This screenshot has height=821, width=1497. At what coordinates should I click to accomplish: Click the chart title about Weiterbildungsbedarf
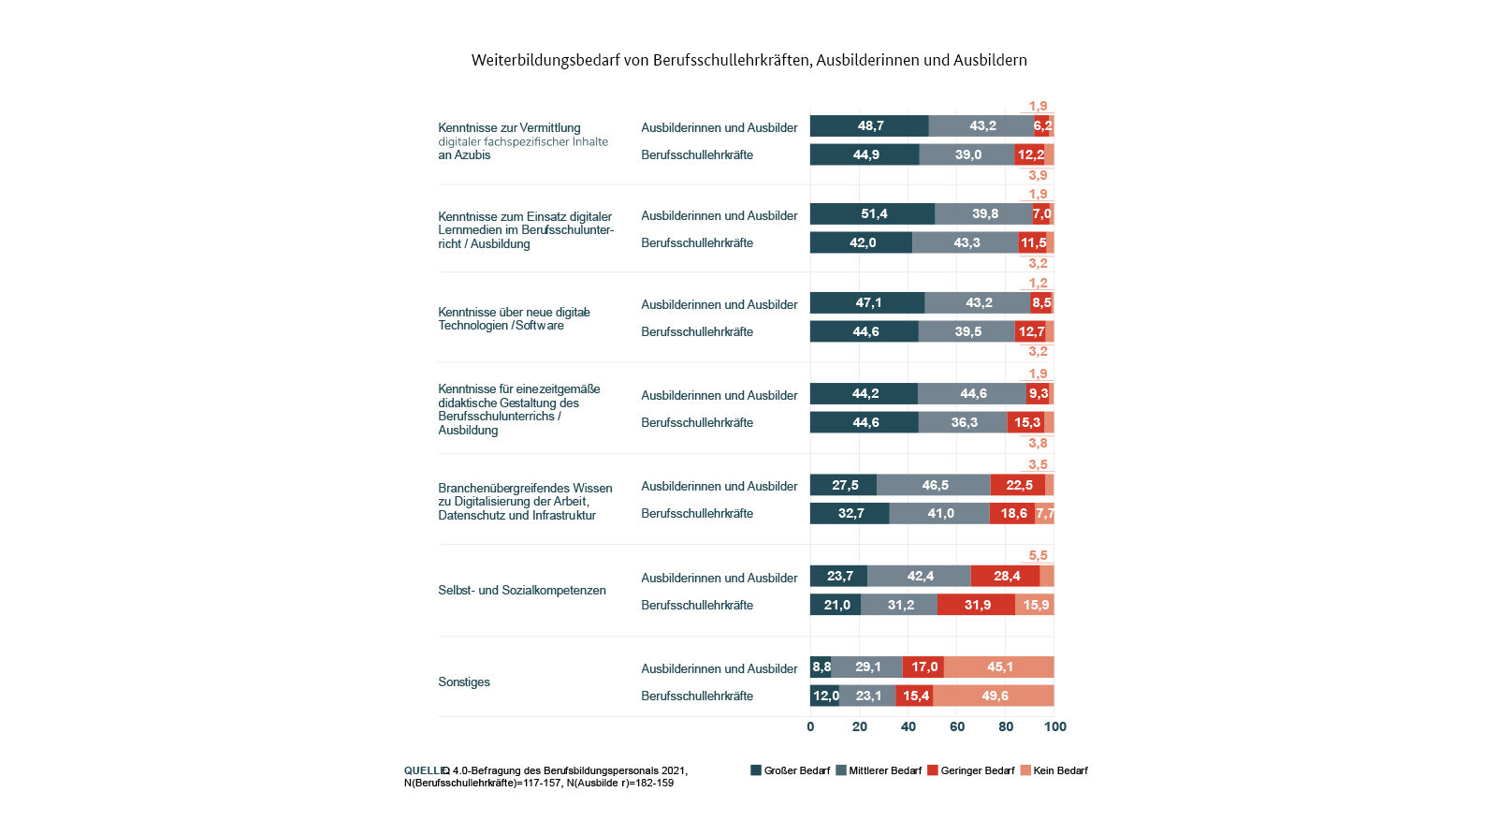point(748,60)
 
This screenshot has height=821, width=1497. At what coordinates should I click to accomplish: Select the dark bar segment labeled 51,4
point(872,214)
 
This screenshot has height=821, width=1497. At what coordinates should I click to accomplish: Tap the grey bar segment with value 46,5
point(934,485)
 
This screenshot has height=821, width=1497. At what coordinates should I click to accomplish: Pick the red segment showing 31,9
point(976,605)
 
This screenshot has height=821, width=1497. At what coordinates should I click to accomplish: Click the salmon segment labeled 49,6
point(994,696)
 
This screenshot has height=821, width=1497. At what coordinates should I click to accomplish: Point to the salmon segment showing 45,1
point(998,667)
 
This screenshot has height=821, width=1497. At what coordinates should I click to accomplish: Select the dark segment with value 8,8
point(821,667)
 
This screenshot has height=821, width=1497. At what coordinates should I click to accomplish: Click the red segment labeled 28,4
point(1006,576)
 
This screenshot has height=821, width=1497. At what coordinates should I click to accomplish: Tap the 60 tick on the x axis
point(957,726)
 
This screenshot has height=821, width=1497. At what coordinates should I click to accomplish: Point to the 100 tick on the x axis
point(1055,726)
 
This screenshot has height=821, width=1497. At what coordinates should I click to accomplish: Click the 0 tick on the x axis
point(810,726)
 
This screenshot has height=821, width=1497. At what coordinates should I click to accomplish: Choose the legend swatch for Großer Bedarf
point(756,770)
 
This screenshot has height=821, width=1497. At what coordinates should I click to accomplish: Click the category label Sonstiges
point(464,682)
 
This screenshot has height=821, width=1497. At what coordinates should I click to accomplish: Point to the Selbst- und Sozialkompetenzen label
point(522,591)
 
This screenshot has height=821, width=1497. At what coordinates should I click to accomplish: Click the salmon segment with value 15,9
point(1035,605)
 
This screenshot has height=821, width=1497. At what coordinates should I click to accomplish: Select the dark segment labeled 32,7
point(850,513)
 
